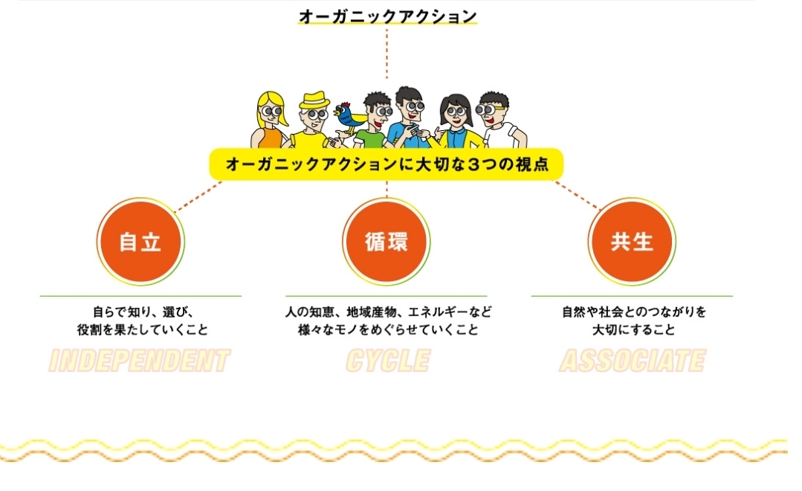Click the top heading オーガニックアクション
click(x=387, y=16)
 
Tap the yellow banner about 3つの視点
click(x=387, y=164)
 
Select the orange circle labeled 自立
click(x=140, y=242)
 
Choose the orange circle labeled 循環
click(x=387, y=242)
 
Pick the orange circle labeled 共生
click(x=632, y=242)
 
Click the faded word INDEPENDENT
click(x=139, y=361)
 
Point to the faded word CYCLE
click(x=388, y=361)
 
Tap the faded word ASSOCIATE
click(x=633, y=361)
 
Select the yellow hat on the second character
click(x=314, y=100)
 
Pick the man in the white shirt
click(x=499, y=121)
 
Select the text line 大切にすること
click(x=633, y=330)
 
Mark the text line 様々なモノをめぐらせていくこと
click(x=388, y=330)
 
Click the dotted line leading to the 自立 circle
click(x=198, y=196)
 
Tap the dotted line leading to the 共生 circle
click(x=577, y=196)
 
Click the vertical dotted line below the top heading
click(x=387, y=54)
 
